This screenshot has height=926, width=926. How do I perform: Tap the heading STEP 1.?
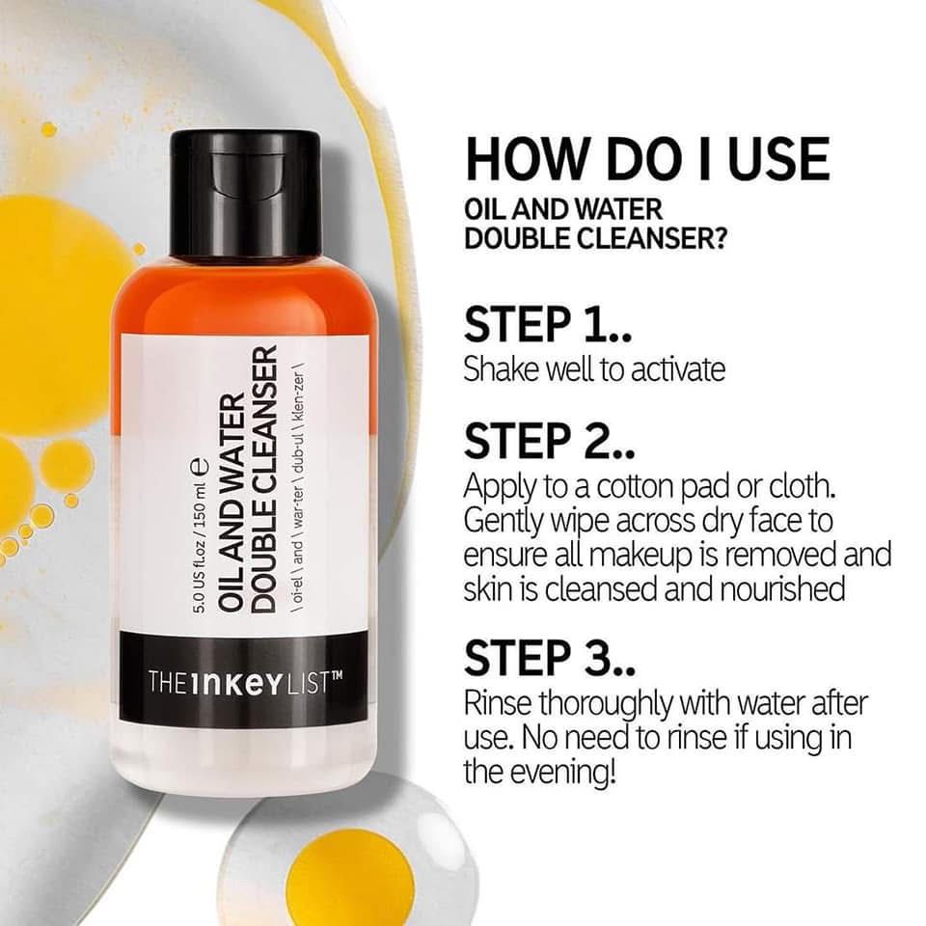pyautogui.click(x=548, y=324)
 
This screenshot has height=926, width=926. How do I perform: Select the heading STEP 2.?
pyautogui.click(x=549, y=441)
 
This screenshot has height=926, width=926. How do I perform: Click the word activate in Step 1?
pyautogui.click(x=678, y=369)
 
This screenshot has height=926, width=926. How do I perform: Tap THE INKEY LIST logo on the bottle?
pyautogui.click(x=245, y=682)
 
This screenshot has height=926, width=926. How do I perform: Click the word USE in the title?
pyautogui.click(x=779, y=158)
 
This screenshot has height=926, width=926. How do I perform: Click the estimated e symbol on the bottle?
pyautogui.click(x=200, y=465)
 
